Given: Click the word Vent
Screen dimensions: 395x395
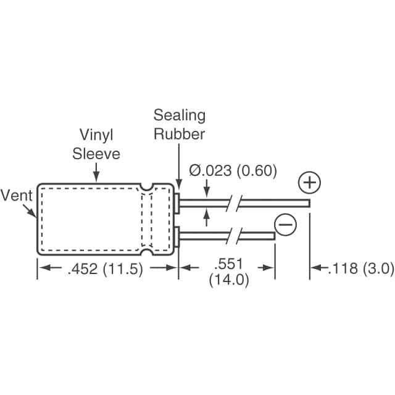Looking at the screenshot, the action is point(17,196).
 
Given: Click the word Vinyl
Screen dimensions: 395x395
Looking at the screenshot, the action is point(96,135).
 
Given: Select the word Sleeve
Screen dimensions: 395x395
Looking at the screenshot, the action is point(96,154).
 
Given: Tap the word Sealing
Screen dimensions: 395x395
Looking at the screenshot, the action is point(180,116).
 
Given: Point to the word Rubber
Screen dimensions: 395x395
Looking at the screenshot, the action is point(179,134).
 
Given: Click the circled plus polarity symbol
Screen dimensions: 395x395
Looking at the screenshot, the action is point(309,183).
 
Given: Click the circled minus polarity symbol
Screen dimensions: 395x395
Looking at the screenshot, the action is point(285,224).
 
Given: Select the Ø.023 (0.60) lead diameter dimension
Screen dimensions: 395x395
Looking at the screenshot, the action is point(233,170).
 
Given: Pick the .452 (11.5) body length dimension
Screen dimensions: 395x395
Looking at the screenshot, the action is point(106,268).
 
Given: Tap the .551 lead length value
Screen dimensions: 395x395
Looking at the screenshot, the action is point(228,264).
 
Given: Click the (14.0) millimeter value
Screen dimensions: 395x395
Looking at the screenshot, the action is point(229,280).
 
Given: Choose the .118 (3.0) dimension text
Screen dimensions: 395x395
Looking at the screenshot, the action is point(360,268).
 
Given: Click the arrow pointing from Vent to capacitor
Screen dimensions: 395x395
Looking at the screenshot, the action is point(29,210).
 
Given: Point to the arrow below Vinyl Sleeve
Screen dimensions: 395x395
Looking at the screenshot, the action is point(96,172).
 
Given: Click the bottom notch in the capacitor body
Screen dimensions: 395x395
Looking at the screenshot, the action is point(147,251).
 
